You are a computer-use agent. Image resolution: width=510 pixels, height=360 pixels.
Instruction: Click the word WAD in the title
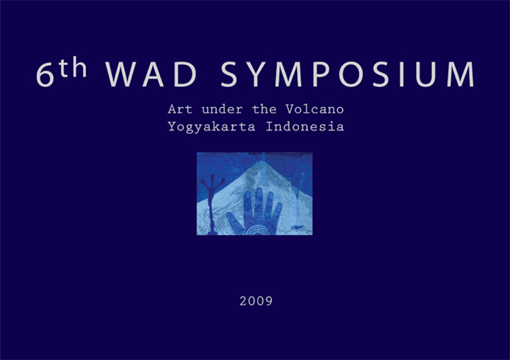151,74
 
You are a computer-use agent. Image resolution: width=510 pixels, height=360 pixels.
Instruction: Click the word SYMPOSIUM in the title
348,74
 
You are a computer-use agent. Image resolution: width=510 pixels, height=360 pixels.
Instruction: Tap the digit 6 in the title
45,75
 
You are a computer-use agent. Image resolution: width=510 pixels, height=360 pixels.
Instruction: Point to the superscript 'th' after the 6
73,67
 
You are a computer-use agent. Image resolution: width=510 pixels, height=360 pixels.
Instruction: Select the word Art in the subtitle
180,109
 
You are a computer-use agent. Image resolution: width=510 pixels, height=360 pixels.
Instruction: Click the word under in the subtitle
222,109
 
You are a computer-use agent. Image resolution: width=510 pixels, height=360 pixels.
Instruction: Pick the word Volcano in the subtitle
315,109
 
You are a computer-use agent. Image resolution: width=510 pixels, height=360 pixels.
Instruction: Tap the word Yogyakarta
212,127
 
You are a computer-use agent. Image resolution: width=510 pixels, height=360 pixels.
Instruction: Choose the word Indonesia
305,126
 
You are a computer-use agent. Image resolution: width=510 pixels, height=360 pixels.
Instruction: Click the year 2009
256,301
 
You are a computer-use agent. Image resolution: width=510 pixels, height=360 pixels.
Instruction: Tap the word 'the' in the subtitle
264,109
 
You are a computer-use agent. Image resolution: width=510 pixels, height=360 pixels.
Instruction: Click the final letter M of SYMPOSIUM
460,74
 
